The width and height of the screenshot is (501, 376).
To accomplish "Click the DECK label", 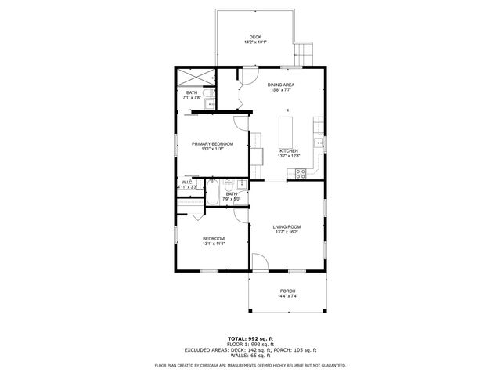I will click(x=255, y=37).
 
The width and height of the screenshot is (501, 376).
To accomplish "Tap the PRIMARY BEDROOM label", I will click(x=213, y=143).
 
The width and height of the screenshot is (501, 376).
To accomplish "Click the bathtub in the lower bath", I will click(x=213, y=193).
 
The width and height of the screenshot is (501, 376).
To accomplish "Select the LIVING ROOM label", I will click(x=287, y=227).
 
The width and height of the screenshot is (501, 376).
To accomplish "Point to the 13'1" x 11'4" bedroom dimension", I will click(x=214, y=244).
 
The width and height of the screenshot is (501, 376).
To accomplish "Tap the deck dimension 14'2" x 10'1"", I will click(x=255, y=42).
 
